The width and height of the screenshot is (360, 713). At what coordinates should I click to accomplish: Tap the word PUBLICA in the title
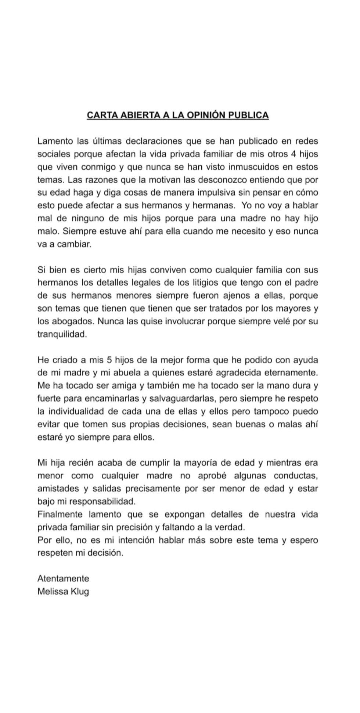coord(249,115)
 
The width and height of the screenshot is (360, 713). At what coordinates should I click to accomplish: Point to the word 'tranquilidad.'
coord(62,334)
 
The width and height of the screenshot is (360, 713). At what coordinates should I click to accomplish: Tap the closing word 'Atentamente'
coord(63,579)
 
